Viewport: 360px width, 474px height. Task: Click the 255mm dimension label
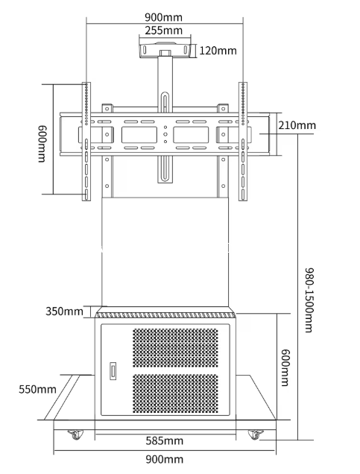coord(163,31)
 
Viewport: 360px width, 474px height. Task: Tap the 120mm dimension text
coord(218,51)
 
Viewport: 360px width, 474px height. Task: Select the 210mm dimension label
coord(297,125)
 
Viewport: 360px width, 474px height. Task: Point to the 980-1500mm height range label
coord(309,300)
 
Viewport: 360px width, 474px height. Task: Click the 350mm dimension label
coord(64,311)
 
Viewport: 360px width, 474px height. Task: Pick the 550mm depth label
coord(37,389)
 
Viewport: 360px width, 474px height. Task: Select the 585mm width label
coord(165,440)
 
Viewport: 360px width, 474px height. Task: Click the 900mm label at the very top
coord(163,17)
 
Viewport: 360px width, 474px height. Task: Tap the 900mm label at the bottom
coord(165,460)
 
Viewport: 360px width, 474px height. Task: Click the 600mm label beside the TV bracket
coord(42,144)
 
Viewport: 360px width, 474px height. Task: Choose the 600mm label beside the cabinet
coord(285,367)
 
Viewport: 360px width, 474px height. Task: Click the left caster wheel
coord(75,434)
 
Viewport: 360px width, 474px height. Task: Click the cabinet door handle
coord(113,371)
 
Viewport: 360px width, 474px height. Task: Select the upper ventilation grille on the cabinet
coord(175,347)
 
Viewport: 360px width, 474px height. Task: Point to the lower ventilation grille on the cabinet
coord(175,394)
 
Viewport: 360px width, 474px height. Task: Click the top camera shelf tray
coord(165,50)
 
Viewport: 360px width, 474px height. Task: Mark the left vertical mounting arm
coord(86,141)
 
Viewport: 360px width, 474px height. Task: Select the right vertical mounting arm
coord(243,141)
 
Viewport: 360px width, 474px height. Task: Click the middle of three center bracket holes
coord(165,134)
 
